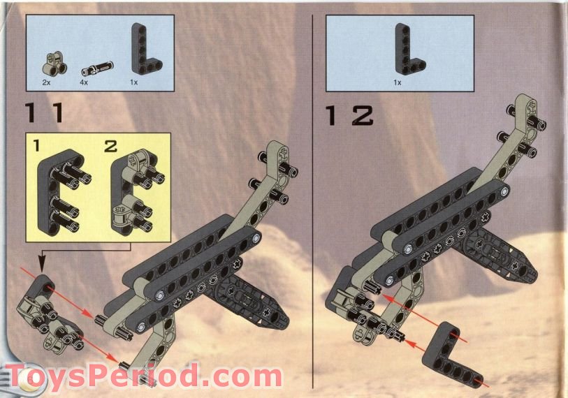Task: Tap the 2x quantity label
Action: [46, 82]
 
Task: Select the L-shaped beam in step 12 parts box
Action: [407, 50]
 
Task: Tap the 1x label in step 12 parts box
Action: [398, 82]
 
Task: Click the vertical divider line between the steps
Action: [312, 196]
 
